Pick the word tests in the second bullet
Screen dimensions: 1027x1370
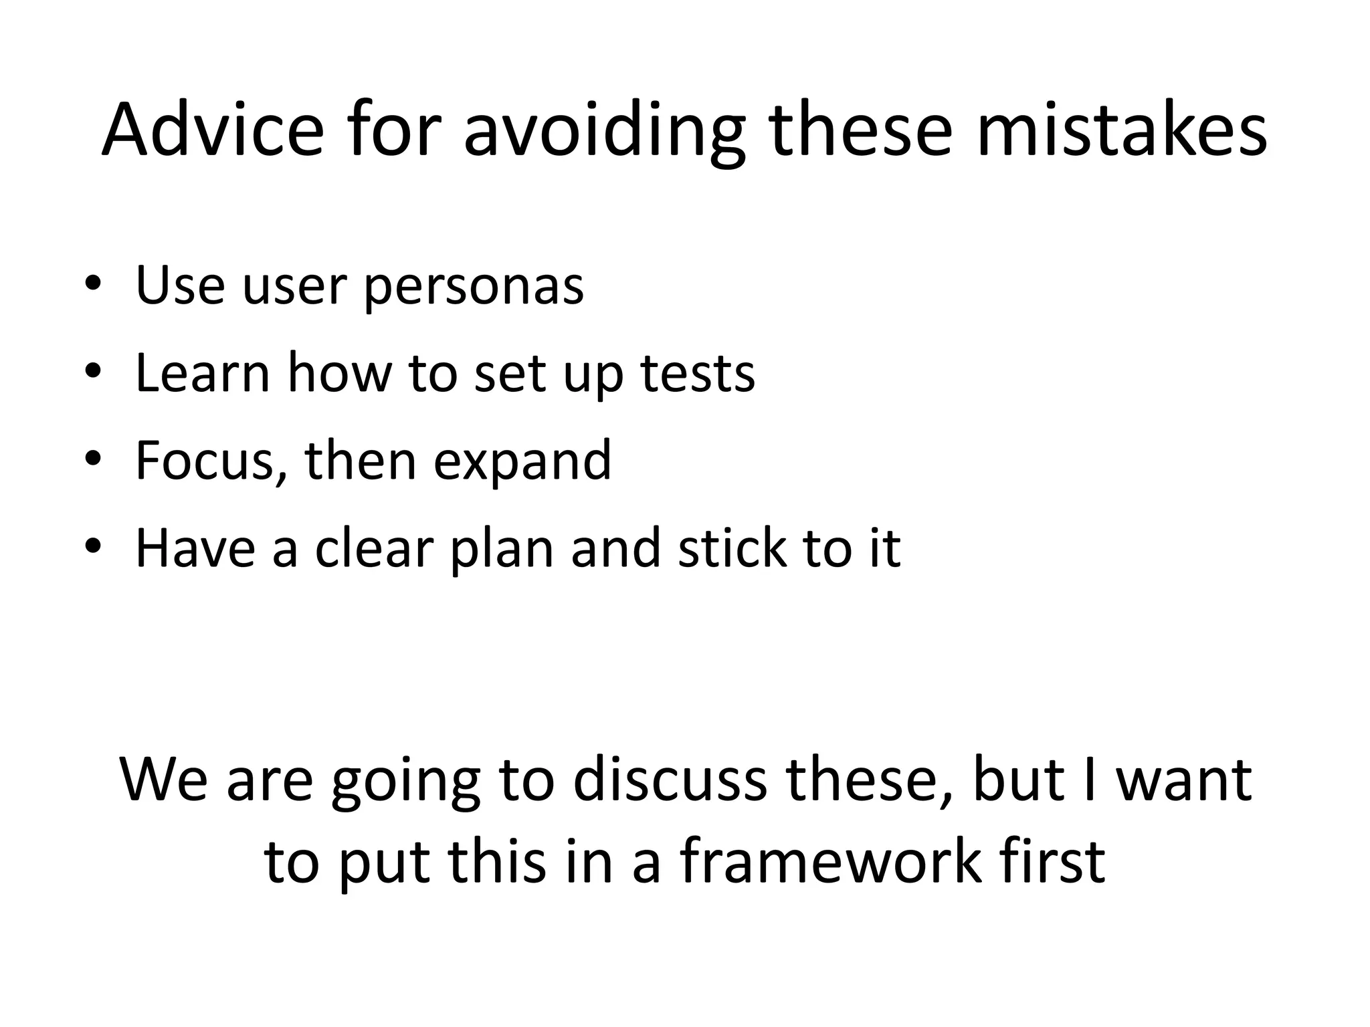pyautogui.click(x=698, y=373)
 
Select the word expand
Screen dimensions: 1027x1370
pyautogui.click(x=522, y=461)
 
